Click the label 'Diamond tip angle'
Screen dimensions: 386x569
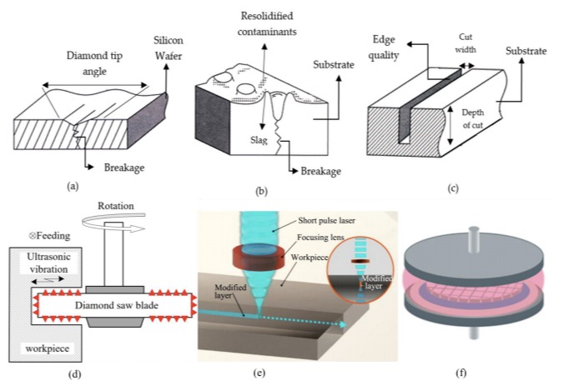[93, 63]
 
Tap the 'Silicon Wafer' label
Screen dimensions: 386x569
[170, 48]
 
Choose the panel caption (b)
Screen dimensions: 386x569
[261, 191]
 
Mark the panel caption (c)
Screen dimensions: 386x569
[451, 188]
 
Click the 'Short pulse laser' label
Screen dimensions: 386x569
[330, 221]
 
